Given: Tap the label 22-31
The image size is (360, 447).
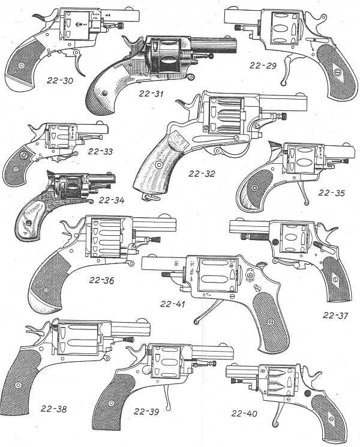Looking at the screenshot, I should tap(152, 93).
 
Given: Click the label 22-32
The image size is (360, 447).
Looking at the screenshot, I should tap(202, 175).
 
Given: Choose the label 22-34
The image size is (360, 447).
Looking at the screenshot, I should tap(112, 200).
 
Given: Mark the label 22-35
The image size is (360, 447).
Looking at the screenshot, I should tap(334, 193).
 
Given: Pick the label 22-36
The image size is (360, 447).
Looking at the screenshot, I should tap(103, 280).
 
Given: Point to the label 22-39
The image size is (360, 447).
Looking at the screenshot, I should tap(148, 412).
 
